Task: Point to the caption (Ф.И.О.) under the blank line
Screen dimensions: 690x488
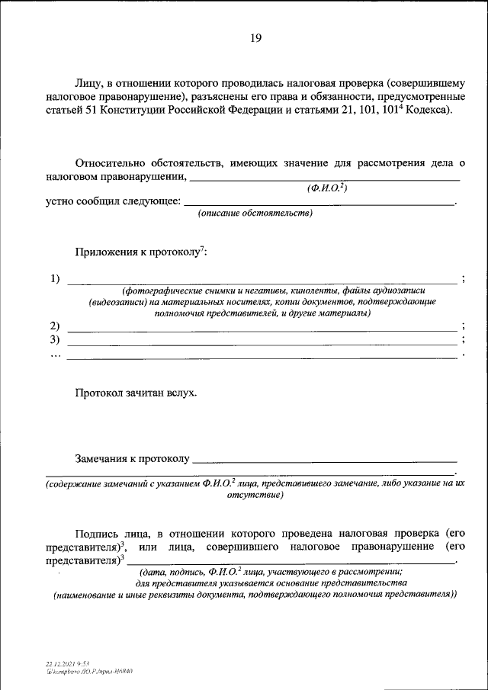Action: [x=327, y=188]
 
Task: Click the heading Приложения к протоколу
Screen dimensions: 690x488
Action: [x=140, y=252]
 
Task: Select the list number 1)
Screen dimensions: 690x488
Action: [x=55, y=278]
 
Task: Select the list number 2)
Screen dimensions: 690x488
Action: [x=55, y=326]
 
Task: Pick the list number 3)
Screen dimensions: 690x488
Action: [x=55, y=339]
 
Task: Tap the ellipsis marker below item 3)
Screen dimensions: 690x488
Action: [x=55, y=353]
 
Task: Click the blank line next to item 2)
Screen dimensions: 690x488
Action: [x=262, y=330]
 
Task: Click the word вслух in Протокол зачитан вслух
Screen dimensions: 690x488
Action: [x=181, y=393]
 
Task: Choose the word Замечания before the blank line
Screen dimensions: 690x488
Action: [x=101, y=459]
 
